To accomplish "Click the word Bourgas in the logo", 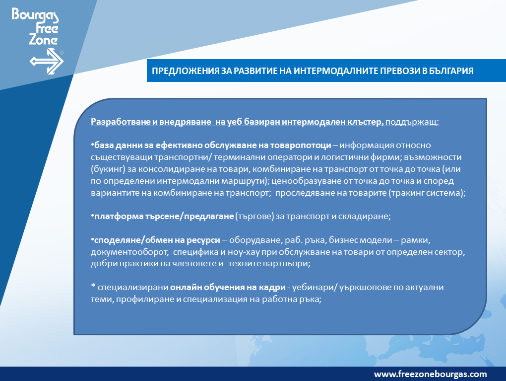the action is pyautogui.click(x=35, y=16).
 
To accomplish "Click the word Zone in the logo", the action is pyautogui.click(x=43, y=40).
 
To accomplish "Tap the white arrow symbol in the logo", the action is pyautogui.click(x=47, y=62).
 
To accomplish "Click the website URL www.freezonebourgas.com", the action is pyautogui.click(x=430, y=374).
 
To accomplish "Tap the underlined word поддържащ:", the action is pyautogui.click(x=412, y=122).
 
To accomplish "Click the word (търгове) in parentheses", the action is pyautogui.click(x=254, y=216).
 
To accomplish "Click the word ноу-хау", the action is pyautogui.click(x=239, y=252).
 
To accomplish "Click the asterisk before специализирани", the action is pyautogui.click(x=93, y=286).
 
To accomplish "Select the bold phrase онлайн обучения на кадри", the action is pyautogui.click(x=228, y=287).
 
